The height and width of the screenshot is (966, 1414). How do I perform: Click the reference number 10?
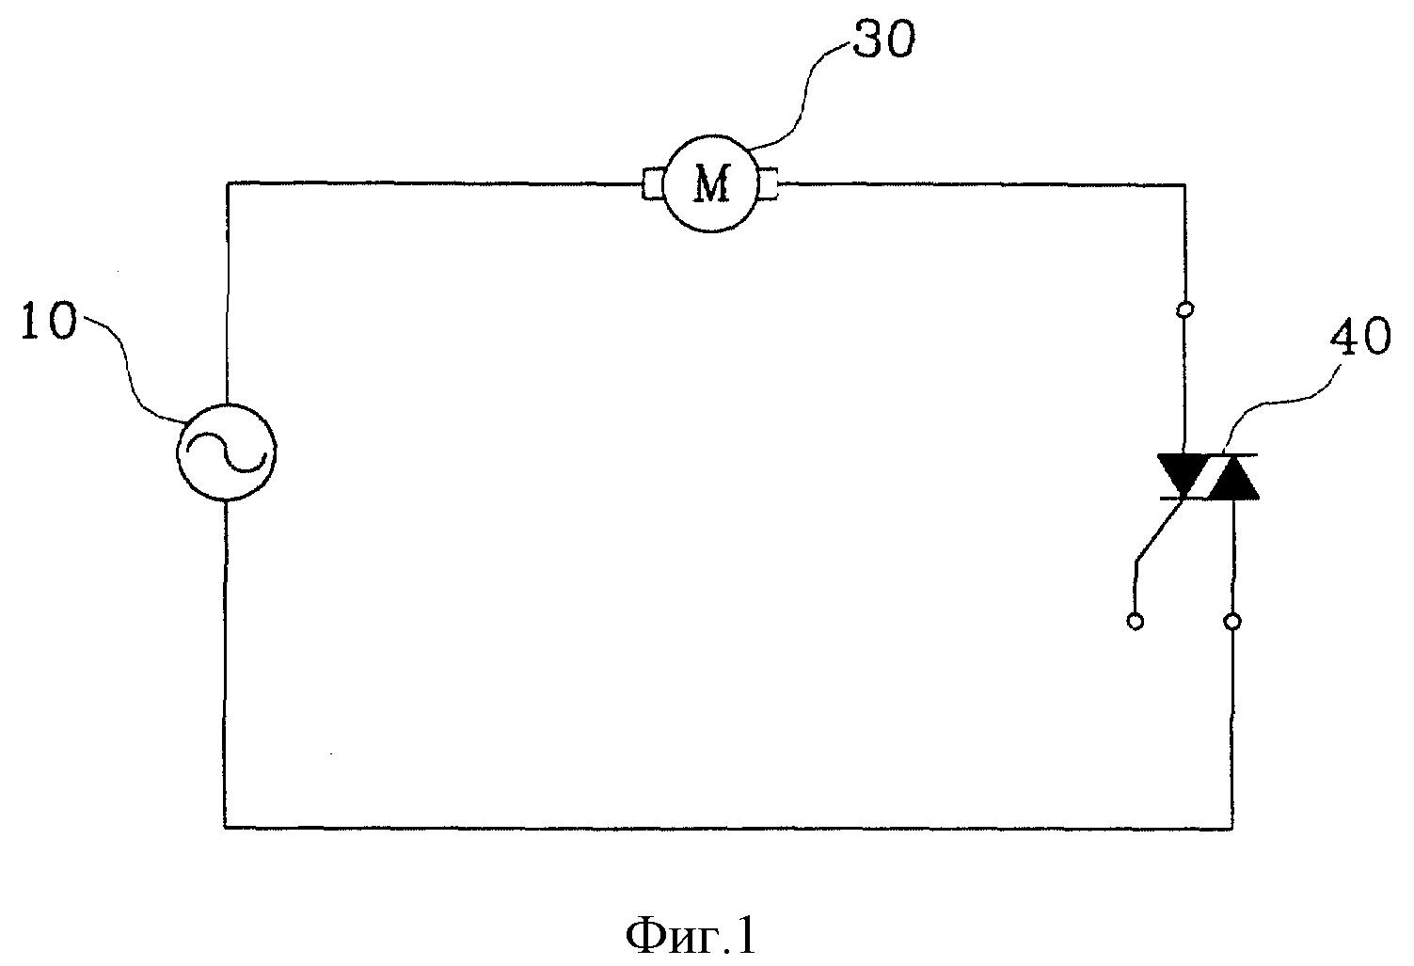click(49, 321)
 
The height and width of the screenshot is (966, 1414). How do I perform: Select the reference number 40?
click(1360, 336)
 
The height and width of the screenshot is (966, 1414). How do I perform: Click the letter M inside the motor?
click(712, 183)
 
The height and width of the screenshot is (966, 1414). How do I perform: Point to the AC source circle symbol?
click(226, 404)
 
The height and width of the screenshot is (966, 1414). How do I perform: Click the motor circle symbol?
click(711, 135)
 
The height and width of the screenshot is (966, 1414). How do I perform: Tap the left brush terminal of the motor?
click(653, 184)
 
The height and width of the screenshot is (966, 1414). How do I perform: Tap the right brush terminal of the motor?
click(769, 184)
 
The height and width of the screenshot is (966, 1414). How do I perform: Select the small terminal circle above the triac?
click(1185, 309)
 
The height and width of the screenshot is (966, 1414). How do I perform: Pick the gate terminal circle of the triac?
click(1135, 622)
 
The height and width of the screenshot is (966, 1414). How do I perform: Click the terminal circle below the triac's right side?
click(1232, 622)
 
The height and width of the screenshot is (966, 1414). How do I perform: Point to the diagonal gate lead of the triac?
click(1160, 529)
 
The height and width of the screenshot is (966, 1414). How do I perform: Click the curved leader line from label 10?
click(134, 372)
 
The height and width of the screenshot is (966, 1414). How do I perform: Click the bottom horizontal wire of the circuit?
click(728, 827)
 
